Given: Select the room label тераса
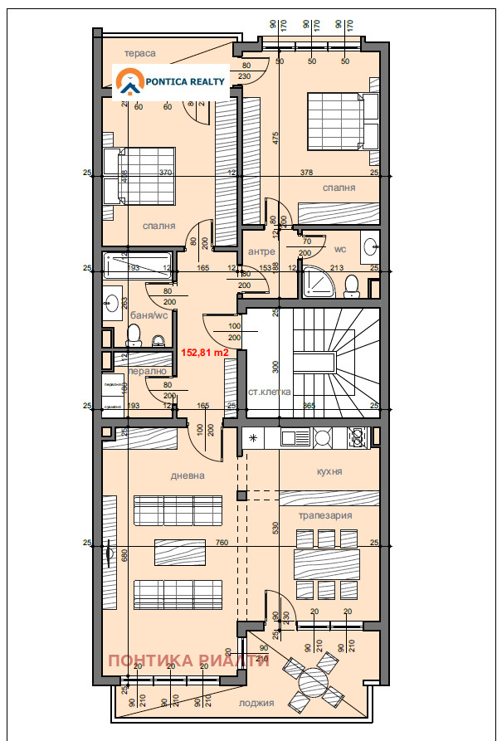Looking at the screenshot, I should click(140, 53).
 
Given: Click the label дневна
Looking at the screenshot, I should click(188, 475).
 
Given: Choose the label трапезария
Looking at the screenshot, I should click(325, 515).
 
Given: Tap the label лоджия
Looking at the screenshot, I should click(256, 703).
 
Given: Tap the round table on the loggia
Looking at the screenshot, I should click(314, 684).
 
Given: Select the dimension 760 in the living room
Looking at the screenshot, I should click(222, 544).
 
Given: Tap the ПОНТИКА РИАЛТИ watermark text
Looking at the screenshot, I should click(189, 661).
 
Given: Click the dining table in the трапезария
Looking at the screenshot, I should click(326, 564).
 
